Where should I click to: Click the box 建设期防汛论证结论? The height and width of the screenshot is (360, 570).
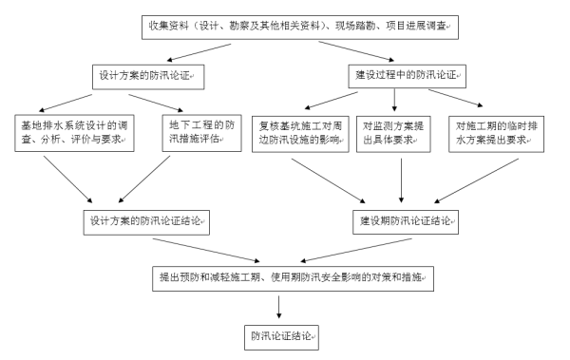click(406, 222)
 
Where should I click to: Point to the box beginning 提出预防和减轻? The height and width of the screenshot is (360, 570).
click(293, 279)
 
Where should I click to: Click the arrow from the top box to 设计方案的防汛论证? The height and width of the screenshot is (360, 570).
click(199, 49)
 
